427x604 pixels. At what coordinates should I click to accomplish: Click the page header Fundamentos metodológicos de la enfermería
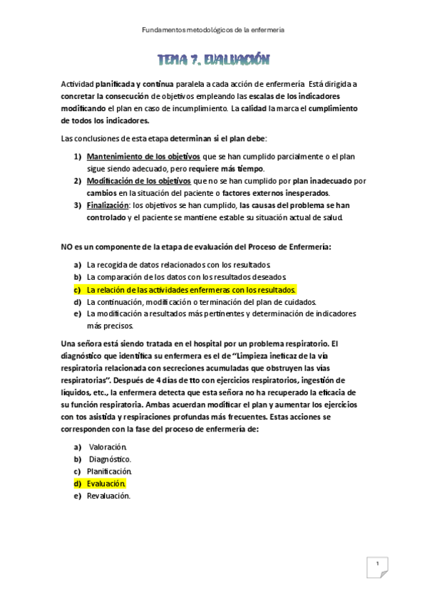pyautogui.click(x=213, y=30)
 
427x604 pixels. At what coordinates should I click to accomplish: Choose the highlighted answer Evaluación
pyautogui.click(x=106, y=483)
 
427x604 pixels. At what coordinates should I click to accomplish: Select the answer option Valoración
pyautogui.click(x=107, y=447)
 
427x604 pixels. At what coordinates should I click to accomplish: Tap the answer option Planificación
pyautogui.click(x=109, y=471)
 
